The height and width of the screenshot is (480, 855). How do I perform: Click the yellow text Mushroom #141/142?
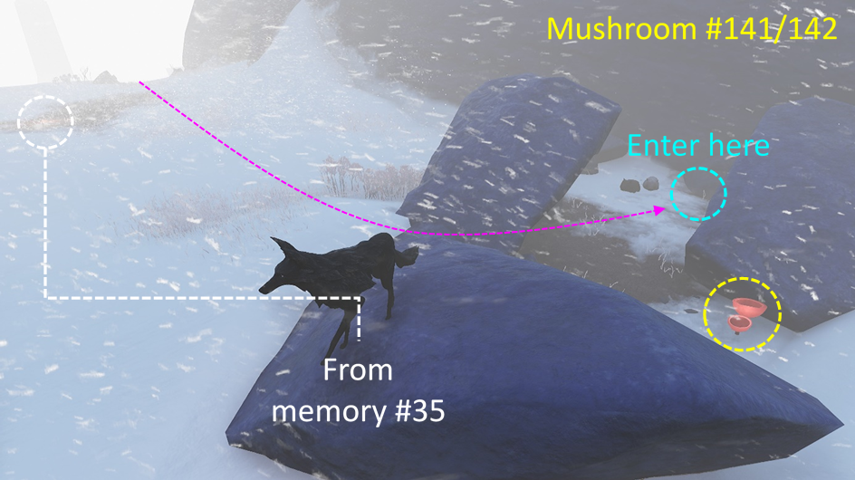[x=691, y=30]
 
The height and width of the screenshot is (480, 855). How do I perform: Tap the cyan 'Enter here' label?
[x=697, y=145]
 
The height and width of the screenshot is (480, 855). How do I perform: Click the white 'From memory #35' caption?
[x=359, y=391]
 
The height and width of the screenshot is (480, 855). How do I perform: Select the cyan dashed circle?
[x=698, y=192]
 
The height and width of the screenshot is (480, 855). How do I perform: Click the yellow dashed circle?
[x=743, y=313]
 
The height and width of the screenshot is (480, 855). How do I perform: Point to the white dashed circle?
[x=44, y=120]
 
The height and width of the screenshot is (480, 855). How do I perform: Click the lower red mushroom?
[x=740, y=322]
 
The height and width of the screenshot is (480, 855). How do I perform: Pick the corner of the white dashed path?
[x=46, y=297]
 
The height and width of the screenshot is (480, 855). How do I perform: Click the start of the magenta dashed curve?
[x=139, y=82]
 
